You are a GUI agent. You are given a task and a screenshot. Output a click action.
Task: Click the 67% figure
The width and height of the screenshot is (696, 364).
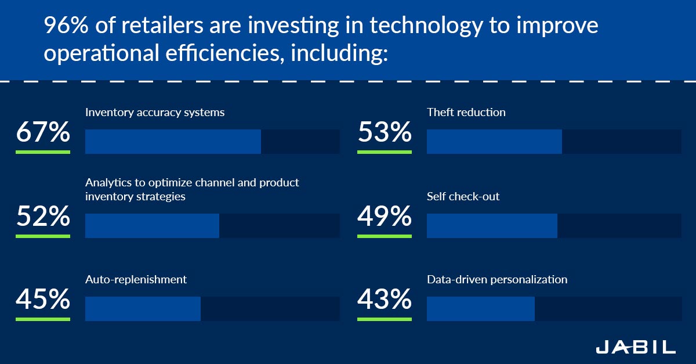[x=43, y=132]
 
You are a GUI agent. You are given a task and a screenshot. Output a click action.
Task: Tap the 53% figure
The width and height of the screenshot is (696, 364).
[x=385, y=132]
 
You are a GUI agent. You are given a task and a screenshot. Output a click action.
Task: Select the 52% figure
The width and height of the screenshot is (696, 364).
[x=43, y=217]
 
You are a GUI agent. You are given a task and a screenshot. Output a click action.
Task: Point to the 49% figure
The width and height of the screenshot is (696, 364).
[x=385, y=217]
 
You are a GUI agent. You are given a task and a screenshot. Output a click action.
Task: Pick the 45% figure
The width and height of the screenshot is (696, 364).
[x=43, y=300]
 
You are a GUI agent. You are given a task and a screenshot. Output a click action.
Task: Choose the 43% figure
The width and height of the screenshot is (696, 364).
[x=385, y=300]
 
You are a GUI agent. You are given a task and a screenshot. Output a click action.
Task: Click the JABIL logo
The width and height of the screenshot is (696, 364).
[x=636, y=347]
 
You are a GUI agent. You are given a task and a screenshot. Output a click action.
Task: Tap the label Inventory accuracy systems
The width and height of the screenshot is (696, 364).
[x=155, y=113]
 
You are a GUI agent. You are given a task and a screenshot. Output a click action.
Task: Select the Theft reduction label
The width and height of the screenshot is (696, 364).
[x=466, y=113]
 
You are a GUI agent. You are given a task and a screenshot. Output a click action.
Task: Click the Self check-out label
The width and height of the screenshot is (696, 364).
[x=463, y=197]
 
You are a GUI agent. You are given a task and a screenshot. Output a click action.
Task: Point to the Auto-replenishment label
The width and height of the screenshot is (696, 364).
[x=136, y=280]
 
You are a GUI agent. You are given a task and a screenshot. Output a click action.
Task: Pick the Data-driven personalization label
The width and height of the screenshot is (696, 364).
[x=497, y=280]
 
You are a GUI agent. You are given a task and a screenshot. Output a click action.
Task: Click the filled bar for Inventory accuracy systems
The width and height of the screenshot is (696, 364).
[x=173, y=142]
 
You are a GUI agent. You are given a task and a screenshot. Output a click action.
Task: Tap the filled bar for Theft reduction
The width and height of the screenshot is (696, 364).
[x=494, y=142]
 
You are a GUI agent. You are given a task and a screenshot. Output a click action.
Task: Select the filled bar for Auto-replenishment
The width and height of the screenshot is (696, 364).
[x=143, y=309]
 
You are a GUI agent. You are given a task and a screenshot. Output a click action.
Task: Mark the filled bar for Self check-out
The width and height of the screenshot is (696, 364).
[x=492, y=226]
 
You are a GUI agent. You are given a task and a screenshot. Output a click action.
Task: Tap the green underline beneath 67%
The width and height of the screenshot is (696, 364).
[x=43, y=152]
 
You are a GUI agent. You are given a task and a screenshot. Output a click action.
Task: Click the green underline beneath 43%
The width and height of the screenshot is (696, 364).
[x=385, y=319]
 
